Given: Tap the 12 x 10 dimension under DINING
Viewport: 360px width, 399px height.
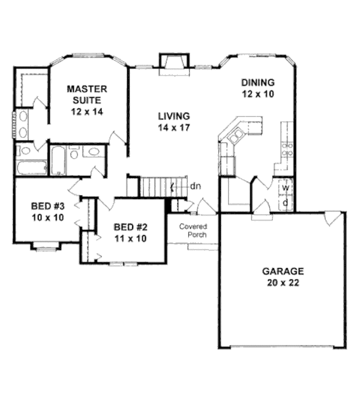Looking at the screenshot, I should (257, 94).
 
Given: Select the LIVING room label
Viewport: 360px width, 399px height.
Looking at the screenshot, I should (174, 116).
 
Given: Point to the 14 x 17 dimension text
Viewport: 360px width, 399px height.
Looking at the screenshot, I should (174, 127).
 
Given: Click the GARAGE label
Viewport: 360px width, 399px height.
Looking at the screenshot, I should (283, 271).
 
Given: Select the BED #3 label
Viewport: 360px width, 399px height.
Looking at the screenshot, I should (47, 207).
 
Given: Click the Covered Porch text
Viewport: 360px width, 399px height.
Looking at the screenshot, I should (193, 230).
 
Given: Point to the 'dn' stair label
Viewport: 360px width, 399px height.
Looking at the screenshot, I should (195, 186).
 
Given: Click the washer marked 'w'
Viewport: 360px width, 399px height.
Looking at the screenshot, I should (287, 188).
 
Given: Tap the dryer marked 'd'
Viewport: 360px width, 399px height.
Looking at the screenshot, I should (287, 203).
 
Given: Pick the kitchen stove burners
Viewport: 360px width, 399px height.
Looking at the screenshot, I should (287, 149).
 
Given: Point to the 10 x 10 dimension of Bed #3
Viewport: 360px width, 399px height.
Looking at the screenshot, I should (47, 217).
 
